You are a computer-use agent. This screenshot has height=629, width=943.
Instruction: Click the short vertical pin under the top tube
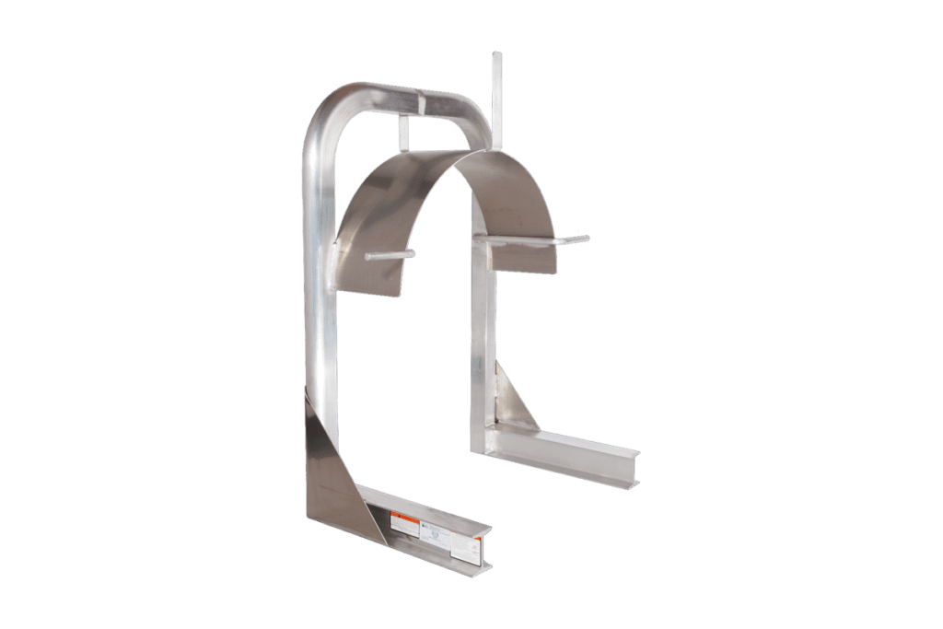point(403,133)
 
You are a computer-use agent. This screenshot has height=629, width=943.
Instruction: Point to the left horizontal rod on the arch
point(390,255)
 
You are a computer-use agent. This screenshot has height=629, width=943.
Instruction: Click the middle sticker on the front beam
point(433,532)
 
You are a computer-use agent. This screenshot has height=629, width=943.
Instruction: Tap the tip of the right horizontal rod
point(585,239)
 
